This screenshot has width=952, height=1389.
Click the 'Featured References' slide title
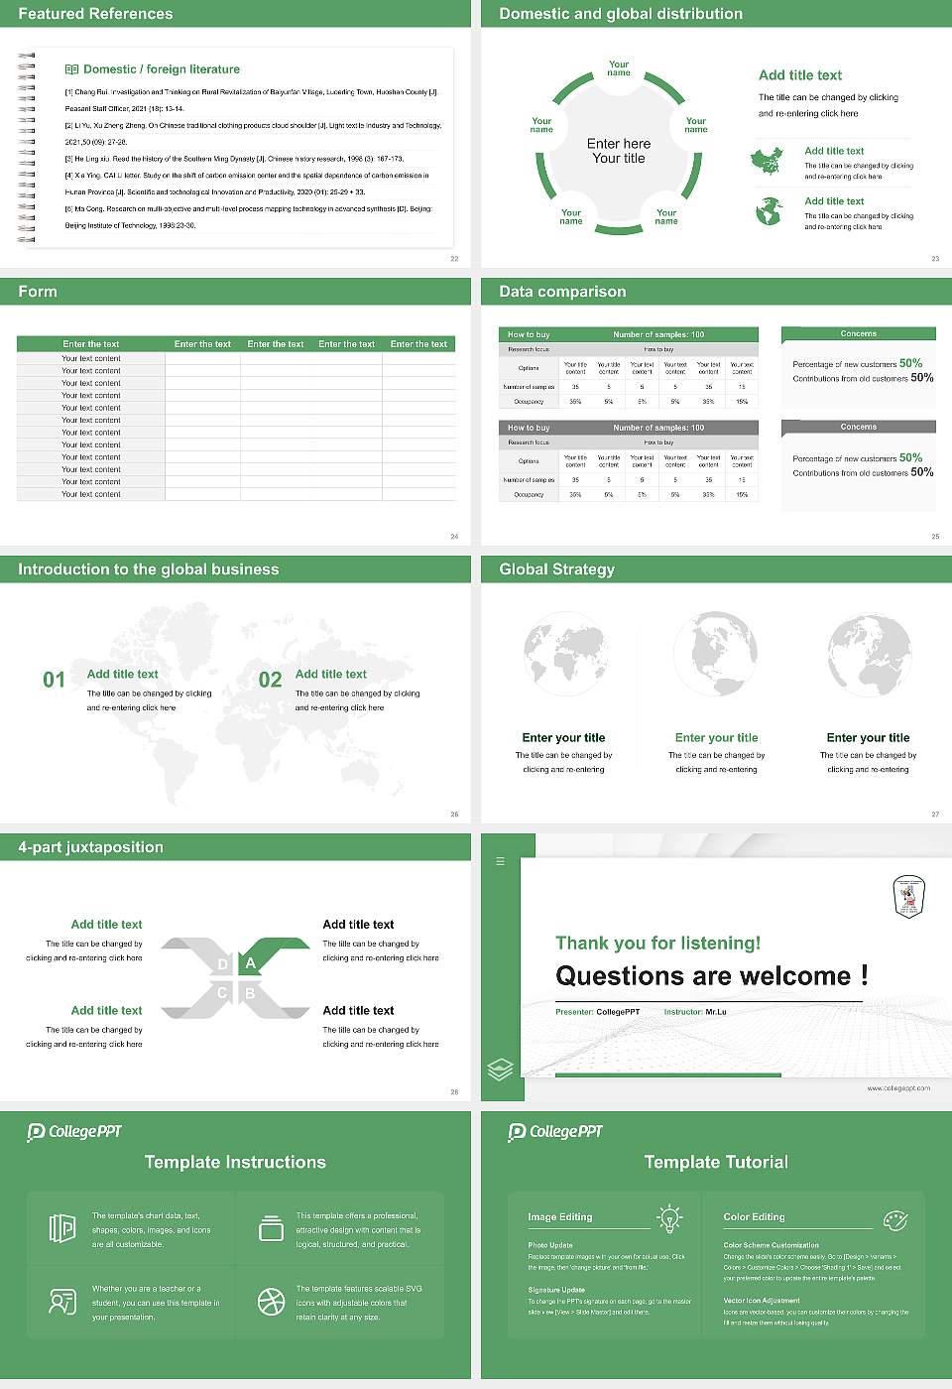95,14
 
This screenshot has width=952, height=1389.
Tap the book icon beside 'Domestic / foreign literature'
71,69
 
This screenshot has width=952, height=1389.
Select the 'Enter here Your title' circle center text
619,151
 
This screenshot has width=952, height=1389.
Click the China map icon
767,160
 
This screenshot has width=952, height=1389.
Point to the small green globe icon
769,210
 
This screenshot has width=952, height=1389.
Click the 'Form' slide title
38,292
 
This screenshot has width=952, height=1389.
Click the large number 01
54,680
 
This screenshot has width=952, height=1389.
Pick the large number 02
270,680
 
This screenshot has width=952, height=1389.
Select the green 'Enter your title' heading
716,737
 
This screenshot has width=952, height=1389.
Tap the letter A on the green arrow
251,962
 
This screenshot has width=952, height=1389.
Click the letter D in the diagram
222,964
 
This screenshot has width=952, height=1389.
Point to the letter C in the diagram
222,993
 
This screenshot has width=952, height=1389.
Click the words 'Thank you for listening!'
657,943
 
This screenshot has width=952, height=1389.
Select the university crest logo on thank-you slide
908,896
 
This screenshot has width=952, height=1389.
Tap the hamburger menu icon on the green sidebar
500,861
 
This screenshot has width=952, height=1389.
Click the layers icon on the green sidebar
501,1069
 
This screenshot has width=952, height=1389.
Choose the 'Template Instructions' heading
235,1162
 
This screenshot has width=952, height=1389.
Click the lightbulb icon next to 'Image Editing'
669,1218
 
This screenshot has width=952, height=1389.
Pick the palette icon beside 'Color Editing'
894,1219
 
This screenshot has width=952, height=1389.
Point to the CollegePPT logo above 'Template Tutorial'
555,1131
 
